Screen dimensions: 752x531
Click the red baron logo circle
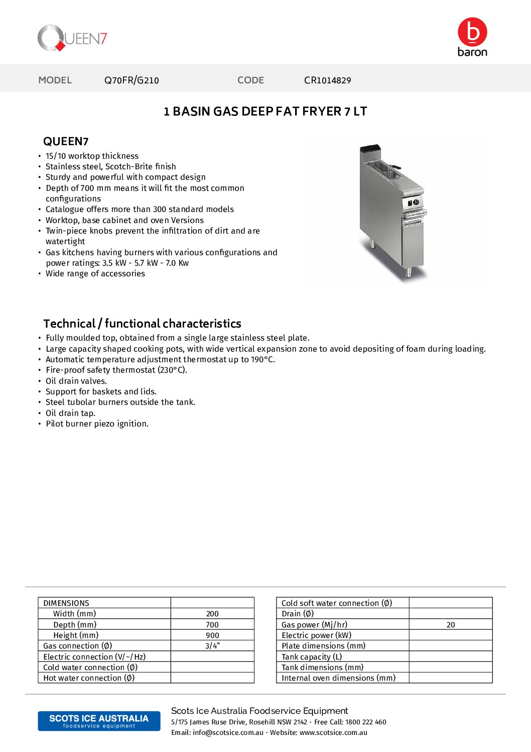pos(472,32)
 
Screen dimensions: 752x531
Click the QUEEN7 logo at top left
pos(72,38)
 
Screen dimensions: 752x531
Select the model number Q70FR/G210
pos(131,80)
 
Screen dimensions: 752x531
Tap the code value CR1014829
pos(327,80)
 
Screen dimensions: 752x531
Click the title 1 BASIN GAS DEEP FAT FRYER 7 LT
pos(265,112)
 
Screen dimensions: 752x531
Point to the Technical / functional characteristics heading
pos(142,324)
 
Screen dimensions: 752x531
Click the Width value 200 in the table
pos(212,614)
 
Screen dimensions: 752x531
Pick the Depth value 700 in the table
pos(212,625)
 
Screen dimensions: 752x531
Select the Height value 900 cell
pos(212,635)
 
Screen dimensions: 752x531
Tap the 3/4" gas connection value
pos(212,646)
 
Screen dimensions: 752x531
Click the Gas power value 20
pos(451,625)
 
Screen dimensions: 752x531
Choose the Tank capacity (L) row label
pos(312,657)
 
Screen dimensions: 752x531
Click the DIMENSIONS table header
pos(66,603)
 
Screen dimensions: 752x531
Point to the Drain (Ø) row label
pos(298,614)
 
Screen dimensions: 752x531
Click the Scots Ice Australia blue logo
pos(99,721)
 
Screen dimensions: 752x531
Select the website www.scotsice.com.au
pos(333,733)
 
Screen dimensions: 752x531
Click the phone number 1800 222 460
pos(365,722)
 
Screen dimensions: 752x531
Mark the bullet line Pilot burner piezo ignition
pos(97,424)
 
